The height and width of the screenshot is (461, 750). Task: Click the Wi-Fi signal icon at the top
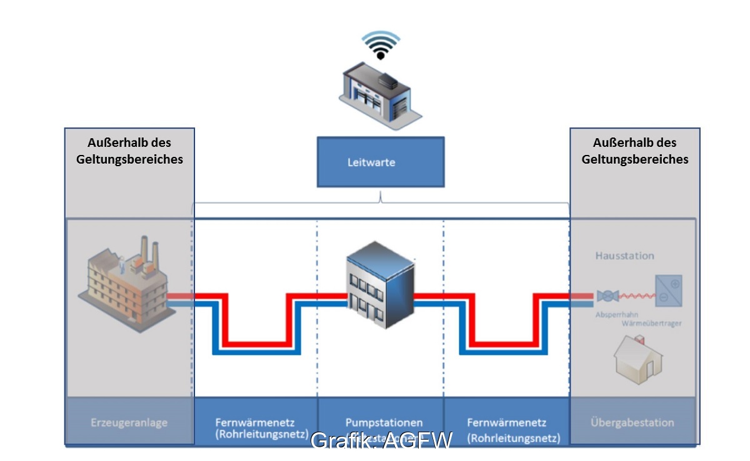(381, 46)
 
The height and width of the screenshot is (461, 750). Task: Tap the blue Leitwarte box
(381, 162)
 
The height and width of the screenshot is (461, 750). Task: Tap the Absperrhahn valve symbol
(607, 296)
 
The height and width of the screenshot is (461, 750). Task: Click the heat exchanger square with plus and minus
(668, 290)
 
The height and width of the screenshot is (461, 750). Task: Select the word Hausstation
(624, 255)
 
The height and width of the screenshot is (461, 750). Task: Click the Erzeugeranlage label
(129, 423)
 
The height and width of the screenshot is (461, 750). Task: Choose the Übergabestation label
(632, 423)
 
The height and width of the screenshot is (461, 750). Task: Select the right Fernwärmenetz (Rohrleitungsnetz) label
(506, 429)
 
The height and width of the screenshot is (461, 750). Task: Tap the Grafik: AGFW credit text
(381, 440)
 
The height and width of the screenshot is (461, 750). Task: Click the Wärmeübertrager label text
(651, 323)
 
